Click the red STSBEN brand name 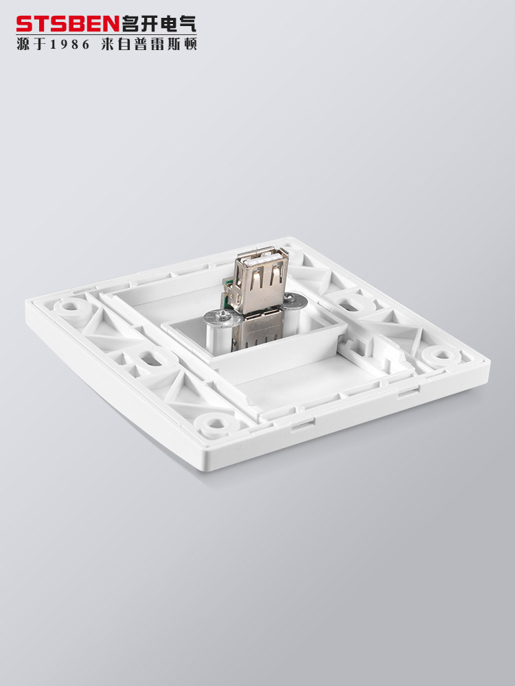click(x=68, y=24)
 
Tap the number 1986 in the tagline click(x=69, y=45)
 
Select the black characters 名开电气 click(x=159, y=24)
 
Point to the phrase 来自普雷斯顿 click(x=149, y=44)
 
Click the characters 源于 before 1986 click(x=32, y=44)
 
